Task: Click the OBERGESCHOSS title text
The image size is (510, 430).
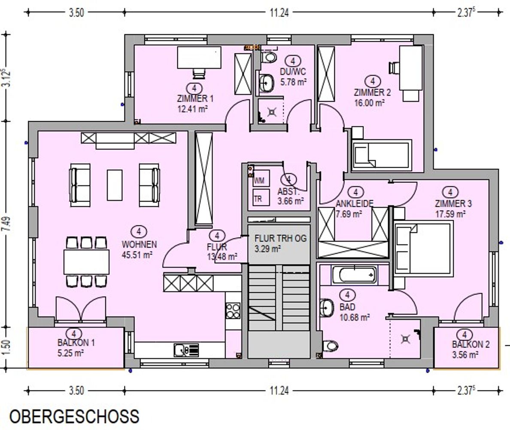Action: tap(75, 417)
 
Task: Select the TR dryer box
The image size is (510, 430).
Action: tap(261, 197)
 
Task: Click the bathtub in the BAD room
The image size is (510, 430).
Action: tap(355, 275)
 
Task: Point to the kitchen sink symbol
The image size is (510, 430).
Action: tap(186, 350)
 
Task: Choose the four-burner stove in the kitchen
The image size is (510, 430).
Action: tap(233, 311)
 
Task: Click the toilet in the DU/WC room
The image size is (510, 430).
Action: tap(269, 57)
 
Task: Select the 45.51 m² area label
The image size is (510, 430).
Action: tap(137, 255)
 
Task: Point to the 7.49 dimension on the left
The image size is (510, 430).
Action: tap(7, 224)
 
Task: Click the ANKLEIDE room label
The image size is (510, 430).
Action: tap(355, 203)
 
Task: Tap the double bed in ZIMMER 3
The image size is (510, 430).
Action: tap(423, 249)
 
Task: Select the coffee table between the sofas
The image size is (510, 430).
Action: tap(115, 185)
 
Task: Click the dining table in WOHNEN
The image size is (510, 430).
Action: tap(87, 262)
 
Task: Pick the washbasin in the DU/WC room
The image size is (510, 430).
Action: tap(267, 83)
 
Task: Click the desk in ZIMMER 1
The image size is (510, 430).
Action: tap(199, 58)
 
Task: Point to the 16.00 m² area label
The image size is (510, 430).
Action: tap(370, 103)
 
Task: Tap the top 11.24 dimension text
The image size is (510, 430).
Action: tap(279, 13)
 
